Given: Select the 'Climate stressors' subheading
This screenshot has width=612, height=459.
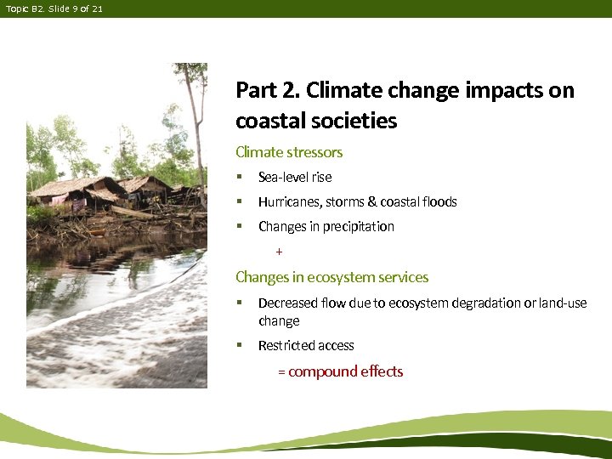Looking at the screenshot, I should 289,152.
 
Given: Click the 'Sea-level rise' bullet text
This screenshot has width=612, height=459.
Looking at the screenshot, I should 295,177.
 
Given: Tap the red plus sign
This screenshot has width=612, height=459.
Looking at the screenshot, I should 279,252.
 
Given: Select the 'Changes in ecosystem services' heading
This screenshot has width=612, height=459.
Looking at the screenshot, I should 331,277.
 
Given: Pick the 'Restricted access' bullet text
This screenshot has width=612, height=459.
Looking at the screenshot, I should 306,345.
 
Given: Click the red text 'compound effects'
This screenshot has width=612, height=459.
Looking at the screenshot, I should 346,371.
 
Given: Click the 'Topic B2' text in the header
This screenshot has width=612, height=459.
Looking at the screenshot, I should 20,8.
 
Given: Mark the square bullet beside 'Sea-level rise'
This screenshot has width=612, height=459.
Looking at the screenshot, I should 240,177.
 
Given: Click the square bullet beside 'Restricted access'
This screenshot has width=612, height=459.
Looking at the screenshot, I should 240,345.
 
